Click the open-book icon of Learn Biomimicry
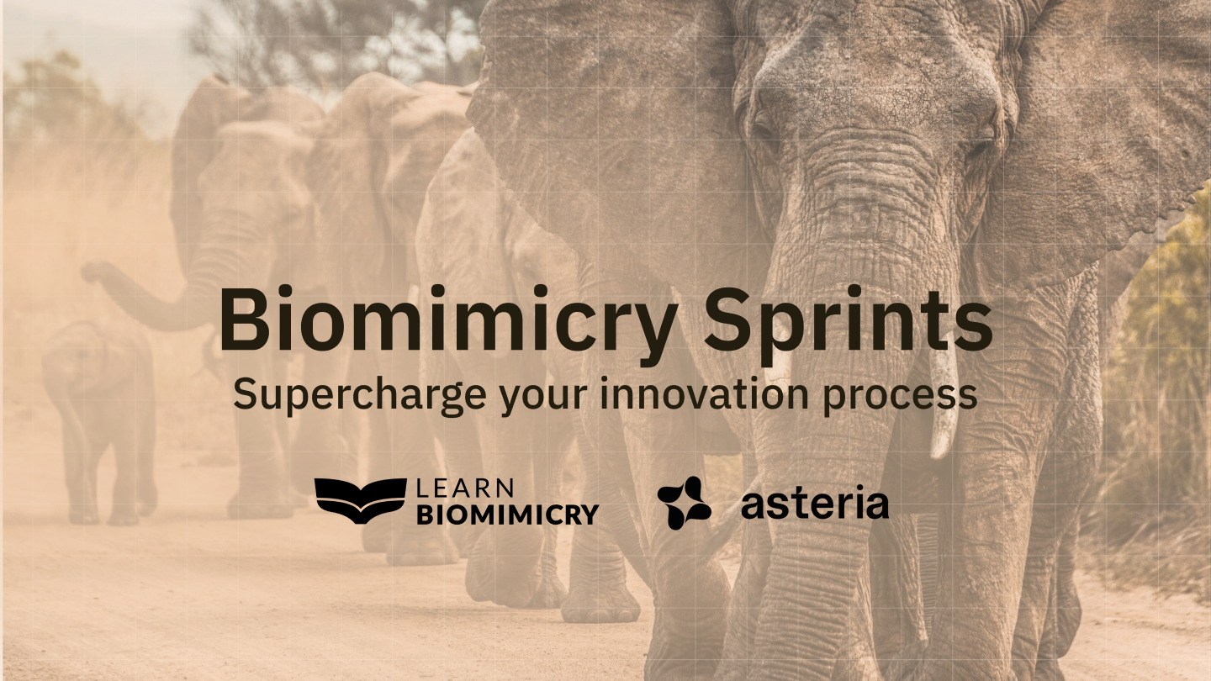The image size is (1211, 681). (x=360, y=501)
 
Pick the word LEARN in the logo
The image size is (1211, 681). (x=464, y=488)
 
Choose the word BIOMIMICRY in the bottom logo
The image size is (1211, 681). (x=508, y=514)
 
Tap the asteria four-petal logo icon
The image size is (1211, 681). (x=684, y=502)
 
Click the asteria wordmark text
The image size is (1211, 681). (x=814, y=504)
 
